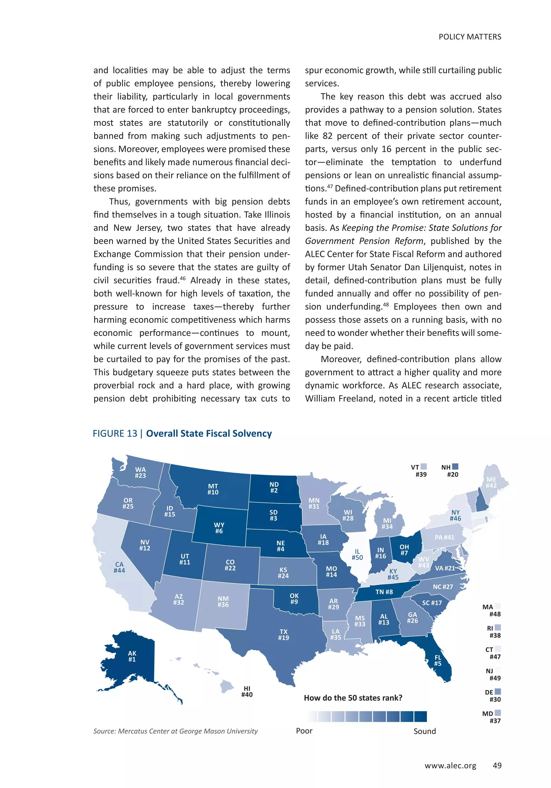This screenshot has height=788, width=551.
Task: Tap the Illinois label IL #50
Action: (357, 554)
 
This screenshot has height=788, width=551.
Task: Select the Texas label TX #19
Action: (284, 634)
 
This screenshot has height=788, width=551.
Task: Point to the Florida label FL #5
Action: (438, 660)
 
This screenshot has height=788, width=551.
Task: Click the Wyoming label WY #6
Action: (219, 528)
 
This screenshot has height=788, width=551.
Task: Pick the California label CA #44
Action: (119, 567)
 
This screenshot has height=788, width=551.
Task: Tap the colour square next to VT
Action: (424, 467)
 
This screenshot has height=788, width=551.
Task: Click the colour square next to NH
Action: (455, 467)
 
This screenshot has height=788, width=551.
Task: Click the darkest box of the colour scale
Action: (420, 717)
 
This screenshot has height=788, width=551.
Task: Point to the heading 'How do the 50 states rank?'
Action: (353, 698)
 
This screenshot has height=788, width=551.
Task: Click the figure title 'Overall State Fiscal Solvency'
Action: (209, 434)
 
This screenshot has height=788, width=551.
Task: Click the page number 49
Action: (497, 765)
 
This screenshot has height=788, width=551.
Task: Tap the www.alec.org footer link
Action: (450, 766)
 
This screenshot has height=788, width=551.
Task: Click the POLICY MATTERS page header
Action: (470, 37)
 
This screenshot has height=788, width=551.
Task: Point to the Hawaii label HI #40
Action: (247, 691)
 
